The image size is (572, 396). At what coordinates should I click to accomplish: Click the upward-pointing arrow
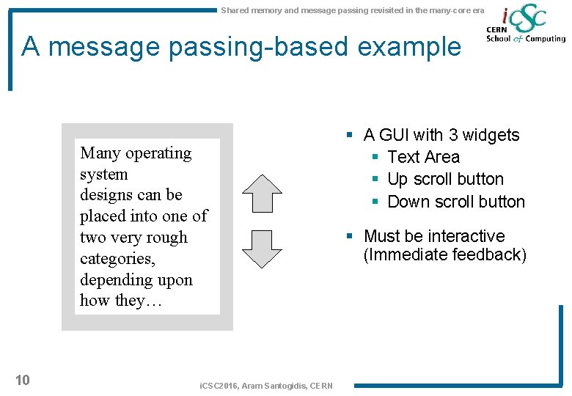[262, 194]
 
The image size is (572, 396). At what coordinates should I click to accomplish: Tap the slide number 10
[23, 379]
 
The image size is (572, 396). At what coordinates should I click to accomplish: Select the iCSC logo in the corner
[525, 26]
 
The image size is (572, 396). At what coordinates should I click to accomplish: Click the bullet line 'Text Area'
[423, 157]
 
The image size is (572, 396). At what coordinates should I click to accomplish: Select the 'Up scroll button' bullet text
[445, 179]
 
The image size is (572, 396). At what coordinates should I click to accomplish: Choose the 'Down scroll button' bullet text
[455, 202]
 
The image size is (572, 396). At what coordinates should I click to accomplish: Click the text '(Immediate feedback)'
[445, 255]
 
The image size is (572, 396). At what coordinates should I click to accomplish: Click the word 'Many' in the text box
[100, 153]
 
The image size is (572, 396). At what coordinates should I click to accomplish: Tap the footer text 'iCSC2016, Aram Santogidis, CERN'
[266, 386]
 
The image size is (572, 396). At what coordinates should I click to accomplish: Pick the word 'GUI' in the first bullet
[395, 135]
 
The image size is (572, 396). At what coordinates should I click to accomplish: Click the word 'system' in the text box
[104, 175]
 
